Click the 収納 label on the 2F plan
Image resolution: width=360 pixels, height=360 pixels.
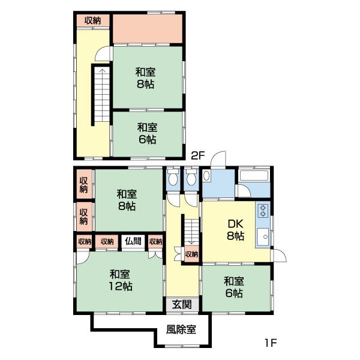(92, 20)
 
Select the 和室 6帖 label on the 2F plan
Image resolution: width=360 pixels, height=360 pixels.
(147, 133)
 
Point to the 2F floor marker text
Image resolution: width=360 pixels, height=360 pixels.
(198, 155)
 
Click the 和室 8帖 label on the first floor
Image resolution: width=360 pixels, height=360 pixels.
(126, 200)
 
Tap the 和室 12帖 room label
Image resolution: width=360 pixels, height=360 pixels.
(121, 280)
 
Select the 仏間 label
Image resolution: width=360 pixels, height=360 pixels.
(133, 241)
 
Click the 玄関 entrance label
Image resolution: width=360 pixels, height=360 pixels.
(182, 304)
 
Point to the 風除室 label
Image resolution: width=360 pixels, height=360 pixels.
(181, 329)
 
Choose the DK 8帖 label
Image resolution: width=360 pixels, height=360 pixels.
(235, 230)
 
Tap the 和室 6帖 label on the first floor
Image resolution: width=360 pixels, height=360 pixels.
(234, 287)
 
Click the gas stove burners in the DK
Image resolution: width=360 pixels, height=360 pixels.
(263, 211)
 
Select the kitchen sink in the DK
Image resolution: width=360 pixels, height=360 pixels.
(263, 238)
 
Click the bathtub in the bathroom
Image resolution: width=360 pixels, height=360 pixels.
(255, 176)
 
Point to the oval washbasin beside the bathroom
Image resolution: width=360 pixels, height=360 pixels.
(207, 176)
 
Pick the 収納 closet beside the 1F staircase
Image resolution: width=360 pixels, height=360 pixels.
(191, 254)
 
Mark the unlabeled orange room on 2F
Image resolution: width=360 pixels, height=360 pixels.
(148, 28)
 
